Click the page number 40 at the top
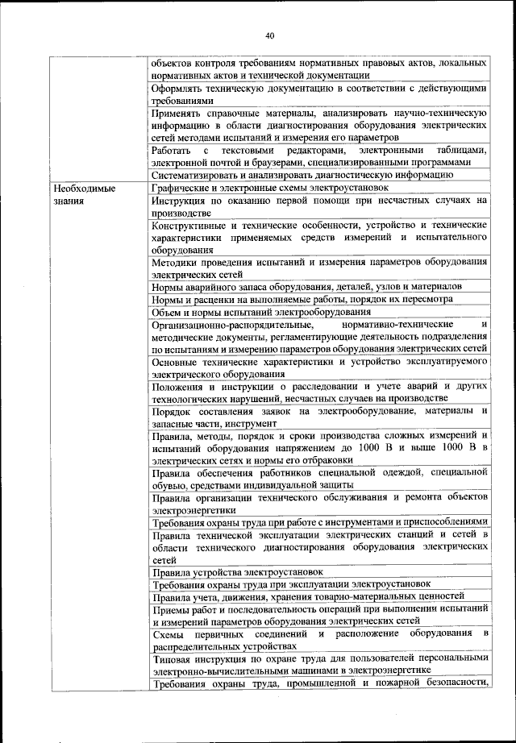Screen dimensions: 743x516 pyautogui.click(x=269, y=35)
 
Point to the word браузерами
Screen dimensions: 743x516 pyautogui.click(x=276, y=163)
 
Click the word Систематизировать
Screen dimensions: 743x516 pyautogui.click(x=197, y=175)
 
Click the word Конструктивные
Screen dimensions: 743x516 pyautogui.click(x=193, y=225)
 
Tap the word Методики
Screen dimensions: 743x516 pyautogui.click(x=175, y=262)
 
